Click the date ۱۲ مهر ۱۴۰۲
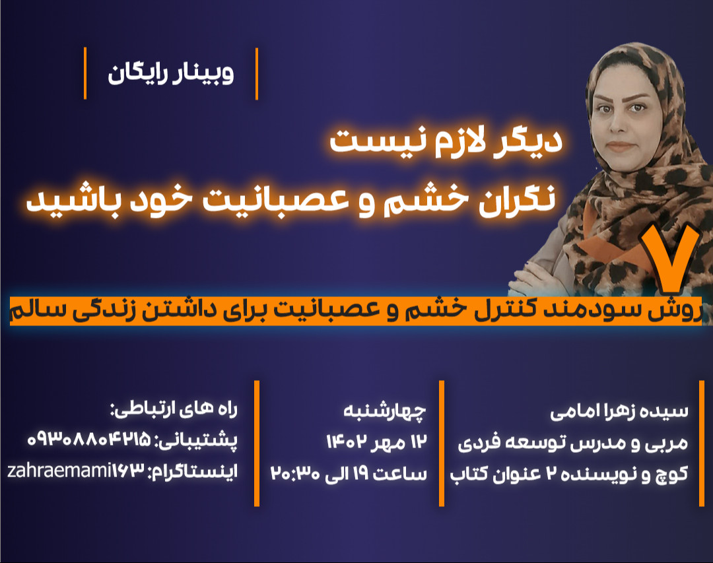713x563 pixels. tap(376, 441)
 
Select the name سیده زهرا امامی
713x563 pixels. tap(619, 413)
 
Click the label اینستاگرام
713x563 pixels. tap(193, 471)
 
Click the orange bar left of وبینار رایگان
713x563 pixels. tap(85, 73)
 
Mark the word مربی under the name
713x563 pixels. tap(671, 443)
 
